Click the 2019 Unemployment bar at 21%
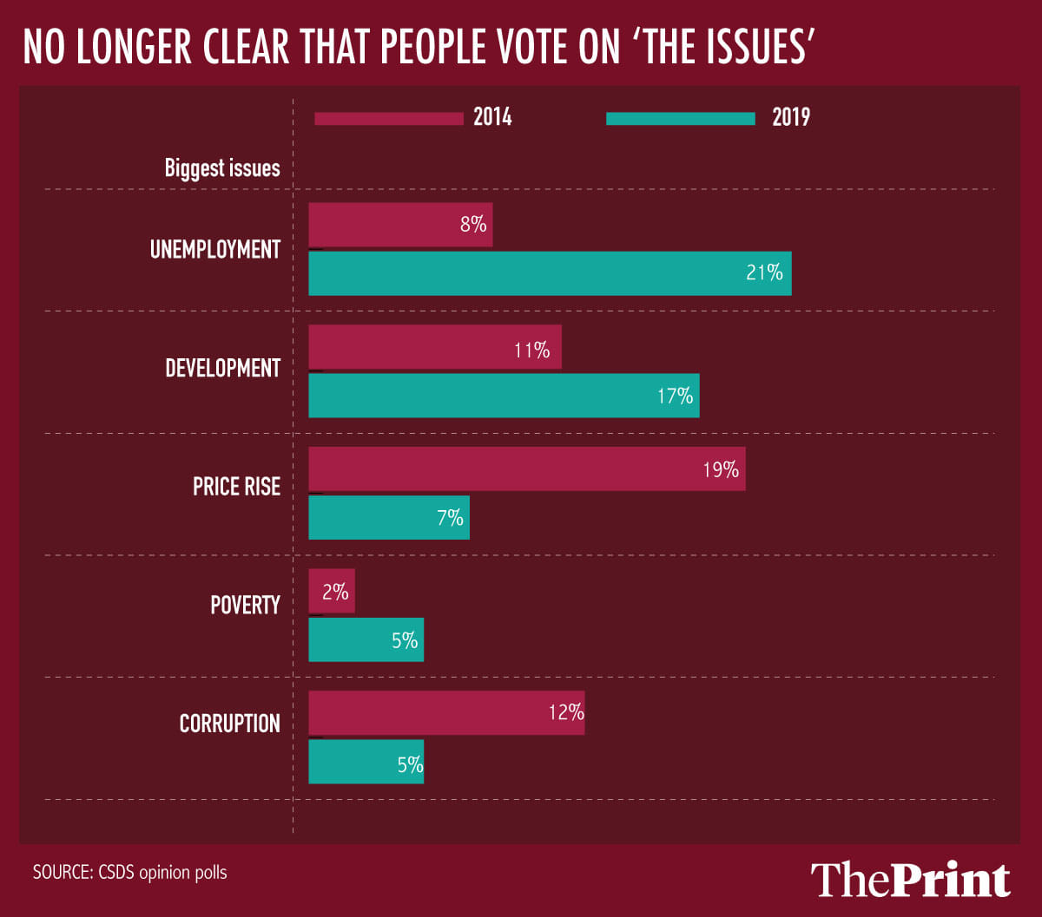point(550,273)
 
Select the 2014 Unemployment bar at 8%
point(400,226)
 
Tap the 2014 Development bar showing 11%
point(435,347)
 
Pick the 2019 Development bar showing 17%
point(504,396)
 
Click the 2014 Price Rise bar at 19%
point(527,469)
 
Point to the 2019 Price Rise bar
point(389,518)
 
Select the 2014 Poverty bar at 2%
point(332,592)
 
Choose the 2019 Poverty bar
point(366,640)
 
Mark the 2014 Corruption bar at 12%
point(446,713)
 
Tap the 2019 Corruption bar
point(366,762)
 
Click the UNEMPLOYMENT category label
point(215,250)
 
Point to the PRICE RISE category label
point(236,487)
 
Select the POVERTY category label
point(245,605)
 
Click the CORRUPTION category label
point(229,724)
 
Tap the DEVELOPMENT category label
point(222,369)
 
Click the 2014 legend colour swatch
point(388,118)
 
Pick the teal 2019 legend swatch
point(681,118)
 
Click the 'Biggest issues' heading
point(222,168)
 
